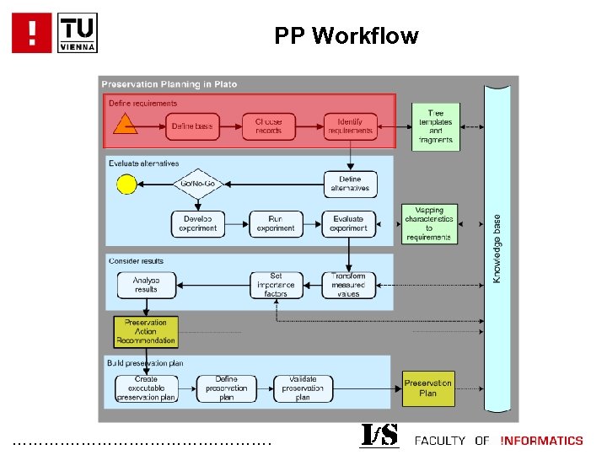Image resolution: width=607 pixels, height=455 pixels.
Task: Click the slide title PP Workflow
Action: pos(346,35)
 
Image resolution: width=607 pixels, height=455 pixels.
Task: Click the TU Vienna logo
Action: pos(78,33)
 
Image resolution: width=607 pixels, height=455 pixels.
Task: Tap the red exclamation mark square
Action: pos(32,33)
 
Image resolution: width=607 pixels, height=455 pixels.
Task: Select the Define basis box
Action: pos(193,126)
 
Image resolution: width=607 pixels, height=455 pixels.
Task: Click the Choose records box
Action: pos(269,126)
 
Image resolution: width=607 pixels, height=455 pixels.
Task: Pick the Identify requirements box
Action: pos(350,126)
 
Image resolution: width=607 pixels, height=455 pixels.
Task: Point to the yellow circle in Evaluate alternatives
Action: pos(126,183)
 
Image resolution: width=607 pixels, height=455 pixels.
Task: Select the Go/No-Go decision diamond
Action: pos(198,184)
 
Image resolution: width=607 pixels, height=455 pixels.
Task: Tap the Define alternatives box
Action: pos(350,184)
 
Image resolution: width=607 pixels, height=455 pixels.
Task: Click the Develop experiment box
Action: pos(199,223)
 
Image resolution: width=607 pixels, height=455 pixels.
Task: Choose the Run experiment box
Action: pos(276,223)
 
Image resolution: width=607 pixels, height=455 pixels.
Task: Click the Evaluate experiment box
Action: pos(348,223)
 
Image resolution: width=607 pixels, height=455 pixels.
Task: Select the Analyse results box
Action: pos(146,285)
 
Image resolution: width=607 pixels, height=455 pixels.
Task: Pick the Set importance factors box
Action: pos(276,285)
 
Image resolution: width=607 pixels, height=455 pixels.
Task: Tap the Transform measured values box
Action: pos(348,285)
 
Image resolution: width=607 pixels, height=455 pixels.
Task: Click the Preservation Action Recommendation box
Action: pos(146,331)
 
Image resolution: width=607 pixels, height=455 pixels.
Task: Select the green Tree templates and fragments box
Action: pos(436,126)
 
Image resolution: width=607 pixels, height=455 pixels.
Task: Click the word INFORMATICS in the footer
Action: pos(541,441)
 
